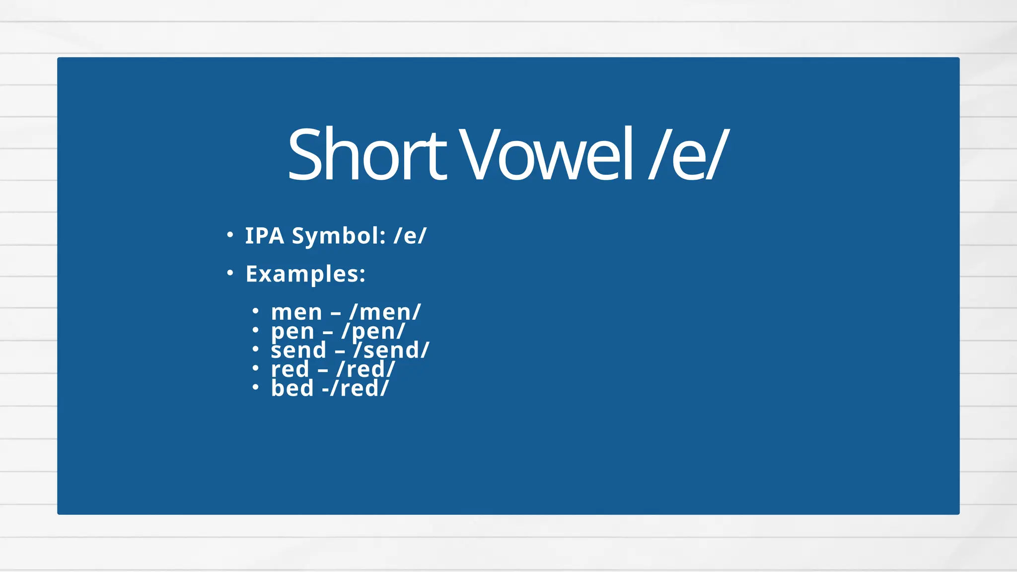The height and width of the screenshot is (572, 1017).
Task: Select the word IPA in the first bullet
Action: [265, 236]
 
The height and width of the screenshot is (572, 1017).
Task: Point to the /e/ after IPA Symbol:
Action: [410, 236]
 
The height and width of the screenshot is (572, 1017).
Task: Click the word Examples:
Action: [305, 274]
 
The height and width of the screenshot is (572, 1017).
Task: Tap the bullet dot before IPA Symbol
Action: [229, 235]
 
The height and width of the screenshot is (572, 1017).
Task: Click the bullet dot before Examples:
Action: [229, 273]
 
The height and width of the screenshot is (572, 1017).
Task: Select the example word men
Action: [296, 313]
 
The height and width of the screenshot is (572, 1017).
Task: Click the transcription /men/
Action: [385, 313]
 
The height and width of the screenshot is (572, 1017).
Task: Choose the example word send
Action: [298, 351]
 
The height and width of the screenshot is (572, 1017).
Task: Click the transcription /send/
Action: [391, 351]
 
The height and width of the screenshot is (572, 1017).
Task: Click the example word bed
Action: [292, 388]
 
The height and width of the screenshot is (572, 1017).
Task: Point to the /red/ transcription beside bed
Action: [359, 388]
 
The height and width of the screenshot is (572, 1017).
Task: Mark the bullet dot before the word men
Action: [255, 311]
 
